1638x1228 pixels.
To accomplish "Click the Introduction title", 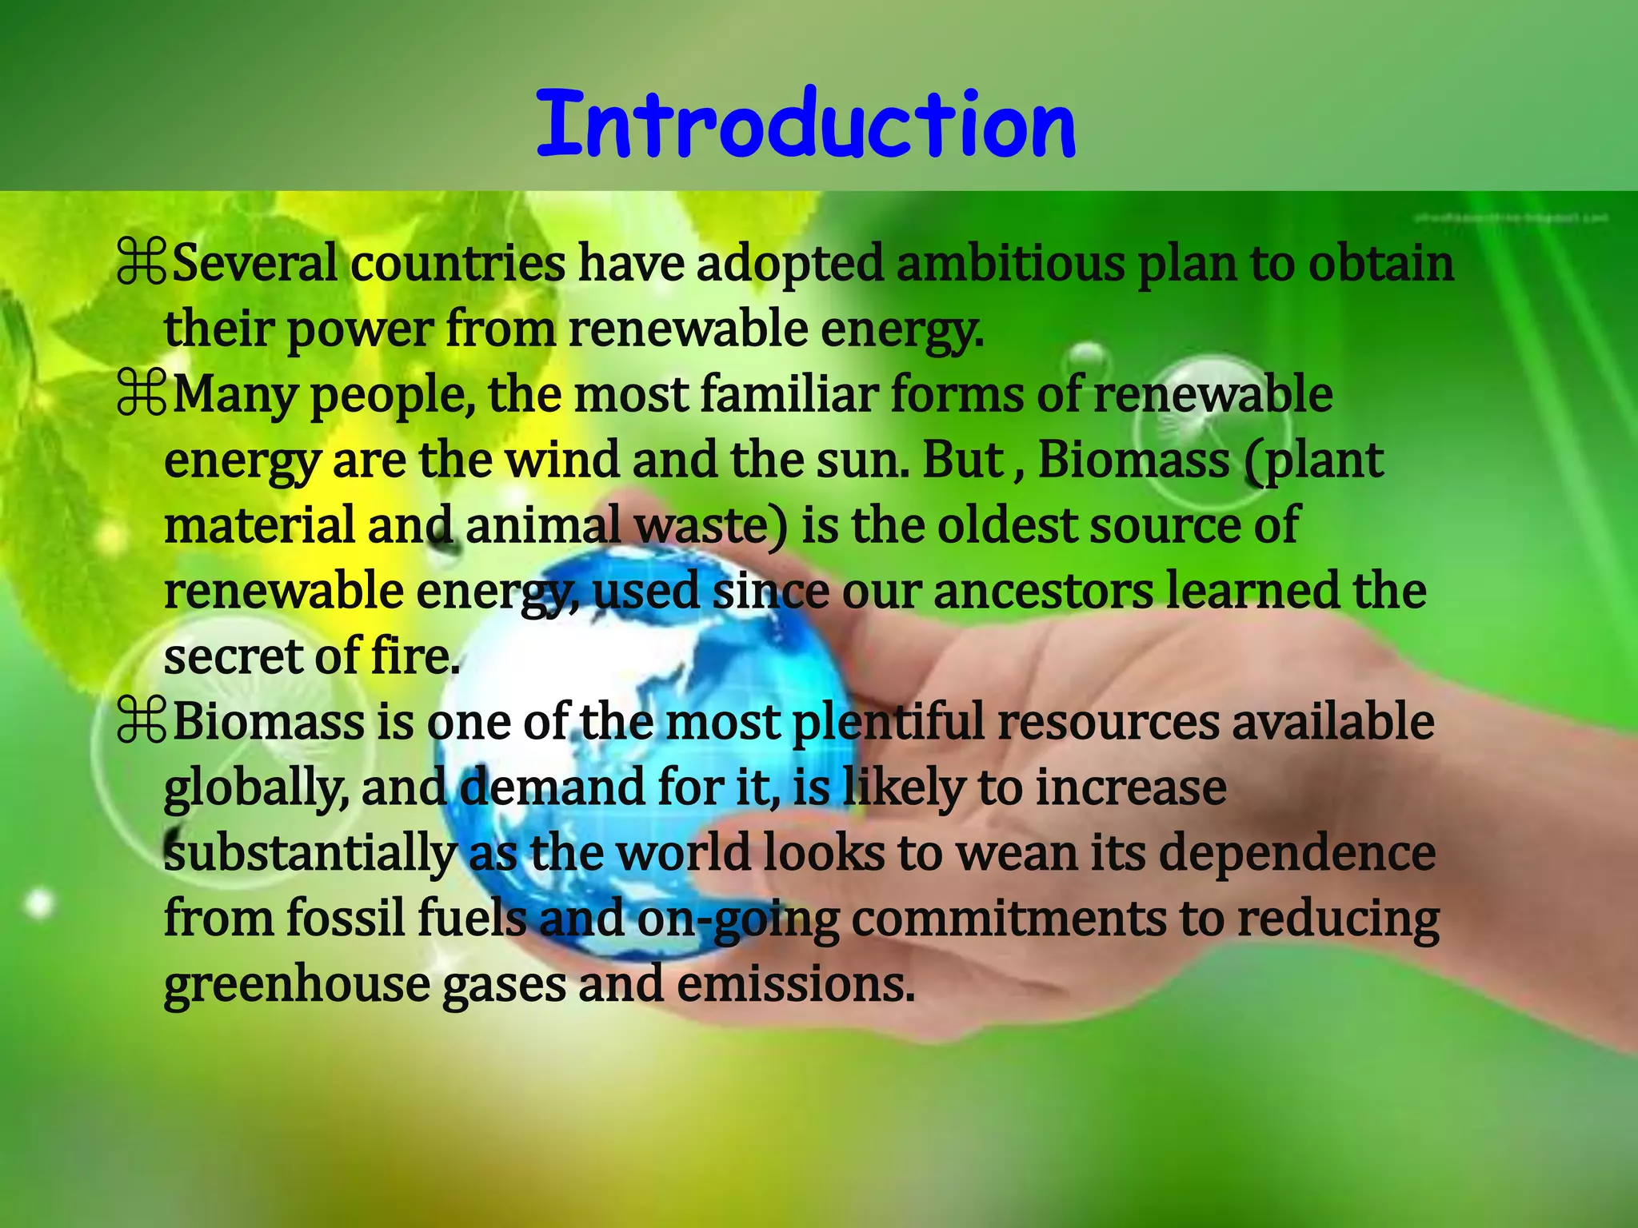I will (x=806, y=125).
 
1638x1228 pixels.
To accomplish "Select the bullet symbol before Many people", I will (x=141, y=395).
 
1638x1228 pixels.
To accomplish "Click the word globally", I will (x=255, y=788).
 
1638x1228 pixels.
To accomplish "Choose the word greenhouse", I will (x=297, y=985).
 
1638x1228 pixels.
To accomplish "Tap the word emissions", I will (x=795, y=985).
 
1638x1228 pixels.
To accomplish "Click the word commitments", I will (x=1008, y=919).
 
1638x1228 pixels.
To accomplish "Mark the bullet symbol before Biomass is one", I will (x=141, y=723).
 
